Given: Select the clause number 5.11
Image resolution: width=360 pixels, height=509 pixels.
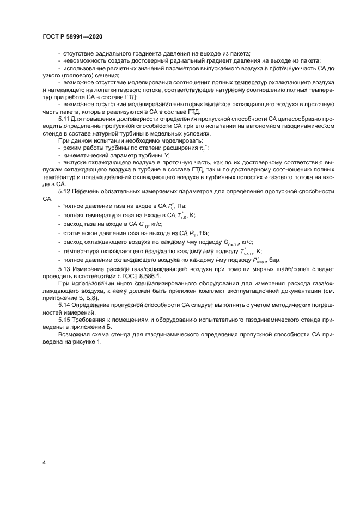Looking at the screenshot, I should click(x=64, y=117).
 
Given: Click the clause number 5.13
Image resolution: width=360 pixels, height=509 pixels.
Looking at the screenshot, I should click(x=64, y=269).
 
